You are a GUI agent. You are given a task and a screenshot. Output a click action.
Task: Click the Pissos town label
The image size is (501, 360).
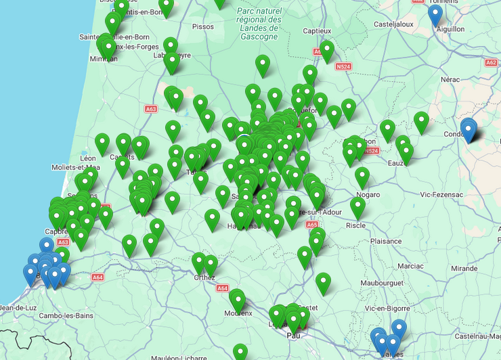(x=202, y=26)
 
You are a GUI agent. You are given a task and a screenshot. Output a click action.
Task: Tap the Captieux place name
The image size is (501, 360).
(x=317, y=30)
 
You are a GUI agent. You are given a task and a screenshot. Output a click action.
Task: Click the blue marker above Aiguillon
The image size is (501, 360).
(x=435, y=14)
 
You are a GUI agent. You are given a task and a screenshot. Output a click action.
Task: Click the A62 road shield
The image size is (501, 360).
(x=492, y=62)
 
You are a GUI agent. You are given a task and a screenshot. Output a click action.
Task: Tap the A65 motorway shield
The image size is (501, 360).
(x=312, y=225)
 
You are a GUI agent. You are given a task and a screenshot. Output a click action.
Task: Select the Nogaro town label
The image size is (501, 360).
(x=368, y=194)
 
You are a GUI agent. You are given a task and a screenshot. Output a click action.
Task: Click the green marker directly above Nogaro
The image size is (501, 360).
(x=362, y=177)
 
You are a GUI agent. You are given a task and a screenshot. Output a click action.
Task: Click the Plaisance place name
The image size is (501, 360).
(x=385, y=241)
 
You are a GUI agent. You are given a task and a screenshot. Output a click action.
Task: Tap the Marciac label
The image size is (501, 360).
(x=410, y=266)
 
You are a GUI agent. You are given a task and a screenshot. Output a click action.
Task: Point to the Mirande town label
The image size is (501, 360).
(x=464, y=268)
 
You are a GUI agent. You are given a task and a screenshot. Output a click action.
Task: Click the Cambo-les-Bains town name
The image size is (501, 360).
(x=65, y=315)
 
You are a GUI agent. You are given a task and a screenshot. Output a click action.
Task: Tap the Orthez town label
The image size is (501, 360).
(x=204, y=277)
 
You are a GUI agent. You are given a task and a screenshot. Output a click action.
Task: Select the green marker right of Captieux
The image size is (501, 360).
(x=327, y=50)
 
